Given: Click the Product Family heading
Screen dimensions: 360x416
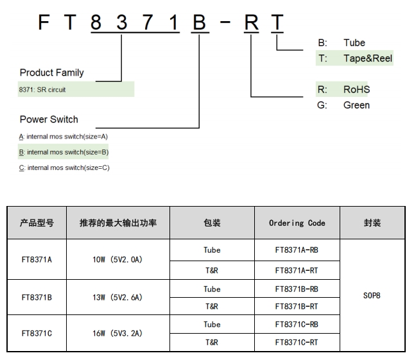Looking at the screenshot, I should (51, 73).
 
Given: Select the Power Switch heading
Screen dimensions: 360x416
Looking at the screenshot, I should (49, 119).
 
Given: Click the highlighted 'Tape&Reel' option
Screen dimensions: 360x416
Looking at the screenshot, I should (367, 58).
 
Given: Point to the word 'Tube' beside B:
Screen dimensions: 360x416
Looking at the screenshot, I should (354, 43).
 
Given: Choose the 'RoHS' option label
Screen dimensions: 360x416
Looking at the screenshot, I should (356, 89).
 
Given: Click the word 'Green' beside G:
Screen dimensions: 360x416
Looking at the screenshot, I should (356, 105).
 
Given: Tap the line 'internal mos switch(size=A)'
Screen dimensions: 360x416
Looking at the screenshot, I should (67, 137).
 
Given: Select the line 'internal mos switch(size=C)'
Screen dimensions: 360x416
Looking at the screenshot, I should (67, 168).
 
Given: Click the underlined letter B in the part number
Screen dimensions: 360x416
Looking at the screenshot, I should (199, 23).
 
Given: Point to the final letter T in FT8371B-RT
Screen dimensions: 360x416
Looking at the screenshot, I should (276, 23).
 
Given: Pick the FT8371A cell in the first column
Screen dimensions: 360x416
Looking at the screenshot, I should (37, 260).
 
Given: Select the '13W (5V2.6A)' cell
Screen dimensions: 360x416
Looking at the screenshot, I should (117, 298).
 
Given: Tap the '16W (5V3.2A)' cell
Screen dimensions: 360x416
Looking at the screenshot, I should (117, 334).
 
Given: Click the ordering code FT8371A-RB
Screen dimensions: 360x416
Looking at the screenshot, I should (297, 251).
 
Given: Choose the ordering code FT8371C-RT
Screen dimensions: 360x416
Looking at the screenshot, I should (297, 343).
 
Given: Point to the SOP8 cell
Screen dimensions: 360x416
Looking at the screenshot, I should (372, 296).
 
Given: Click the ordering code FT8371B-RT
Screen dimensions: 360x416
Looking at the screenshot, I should (297, 307).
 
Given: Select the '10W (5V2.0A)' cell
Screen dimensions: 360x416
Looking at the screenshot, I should (117, 260).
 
